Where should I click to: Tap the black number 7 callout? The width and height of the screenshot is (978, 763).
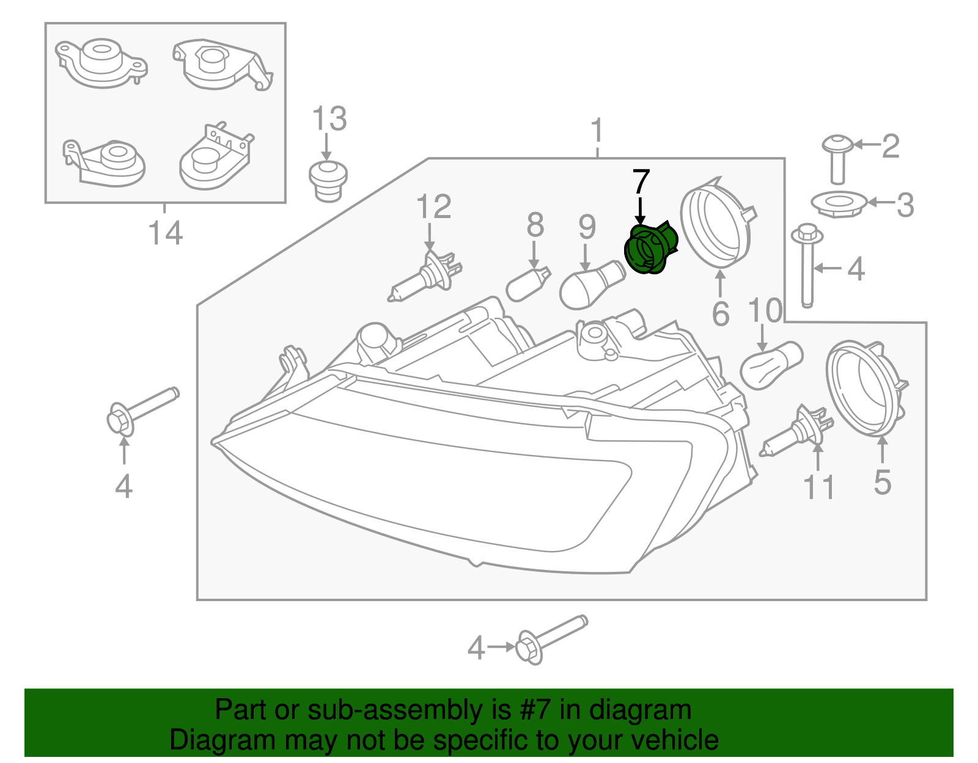click(x=641, y=181)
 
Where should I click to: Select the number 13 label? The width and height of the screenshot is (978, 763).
click(x=329, y=119)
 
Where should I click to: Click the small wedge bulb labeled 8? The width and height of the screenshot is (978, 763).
click(x=529, y=285)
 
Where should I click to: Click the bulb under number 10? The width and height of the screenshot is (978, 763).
click(x=770, y=365)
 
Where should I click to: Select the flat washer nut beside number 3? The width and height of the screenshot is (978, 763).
click(x=838, y=203)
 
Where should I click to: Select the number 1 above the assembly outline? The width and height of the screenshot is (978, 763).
click(x=597, y=131)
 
